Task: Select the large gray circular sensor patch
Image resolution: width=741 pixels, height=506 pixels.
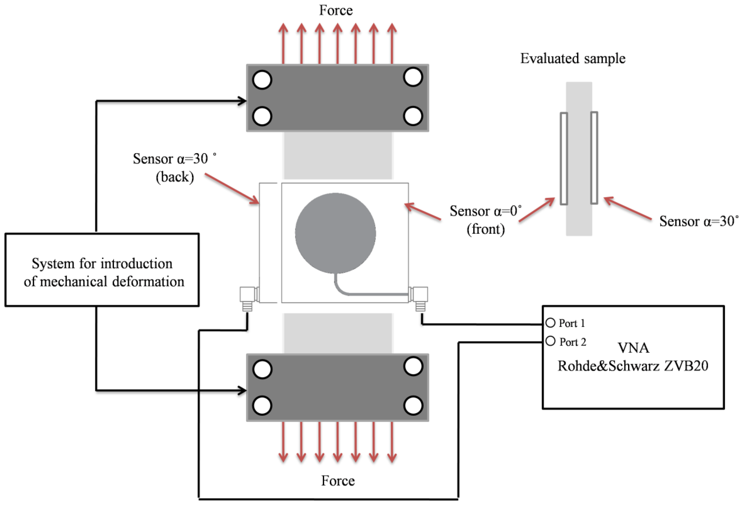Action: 335,233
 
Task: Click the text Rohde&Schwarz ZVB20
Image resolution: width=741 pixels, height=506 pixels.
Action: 633,365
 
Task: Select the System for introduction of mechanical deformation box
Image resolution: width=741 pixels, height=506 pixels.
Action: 102,270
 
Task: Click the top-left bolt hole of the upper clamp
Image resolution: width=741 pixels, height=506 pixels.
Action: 262,79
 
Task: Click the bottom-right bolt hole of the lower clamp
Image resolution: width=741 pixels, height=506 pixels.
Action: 413,405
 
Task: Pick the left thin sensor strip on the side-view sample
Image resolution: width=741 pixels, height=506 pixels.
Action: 564,158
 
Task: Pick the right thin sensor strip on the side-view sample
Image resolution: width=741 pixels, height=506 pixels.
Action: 594,158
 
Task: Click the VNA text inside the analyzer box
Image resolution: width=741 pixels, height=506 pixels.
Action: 633,348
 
